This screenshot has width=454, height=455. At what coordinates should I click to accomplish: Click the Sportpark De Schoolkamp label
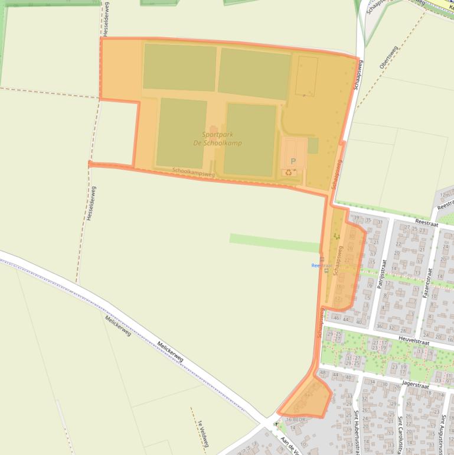(x=217, y=139)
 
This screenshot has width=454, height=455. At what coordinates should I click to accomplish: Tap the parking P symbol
(x=292, y=161)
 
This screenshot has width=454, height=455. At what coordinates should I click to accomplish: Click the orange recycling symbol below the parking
(x=289, y=173)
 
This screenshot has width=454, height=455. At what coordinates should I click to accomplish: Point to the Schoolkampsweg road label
(x=193, y=173)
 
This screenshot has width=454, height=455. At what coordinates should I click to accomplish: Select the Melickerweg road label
(x=170, y=351)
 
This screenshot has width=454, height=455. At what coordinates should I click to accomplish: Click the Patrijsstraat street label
(x=384, y=268)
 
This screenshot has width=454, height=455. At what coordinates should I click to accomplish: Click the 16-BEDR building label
(x=294, y=419)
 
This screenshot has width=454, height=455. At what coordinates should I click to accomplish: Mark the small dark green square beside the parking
(x=313, y=145)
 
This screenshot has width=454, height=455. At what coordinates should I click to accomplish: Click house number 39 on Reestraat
(x=356, y=219)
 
